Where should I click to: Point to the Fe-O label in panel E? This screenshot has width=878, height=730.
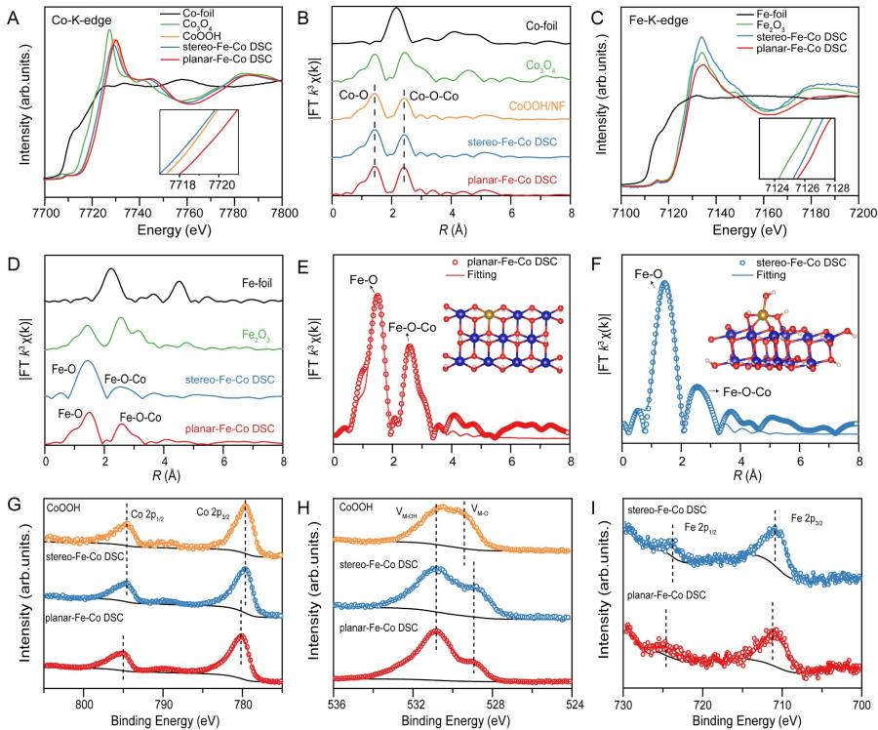coord(365,280)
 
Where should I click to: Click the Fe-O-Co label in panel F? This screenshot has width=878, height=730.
coord(750,390)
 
